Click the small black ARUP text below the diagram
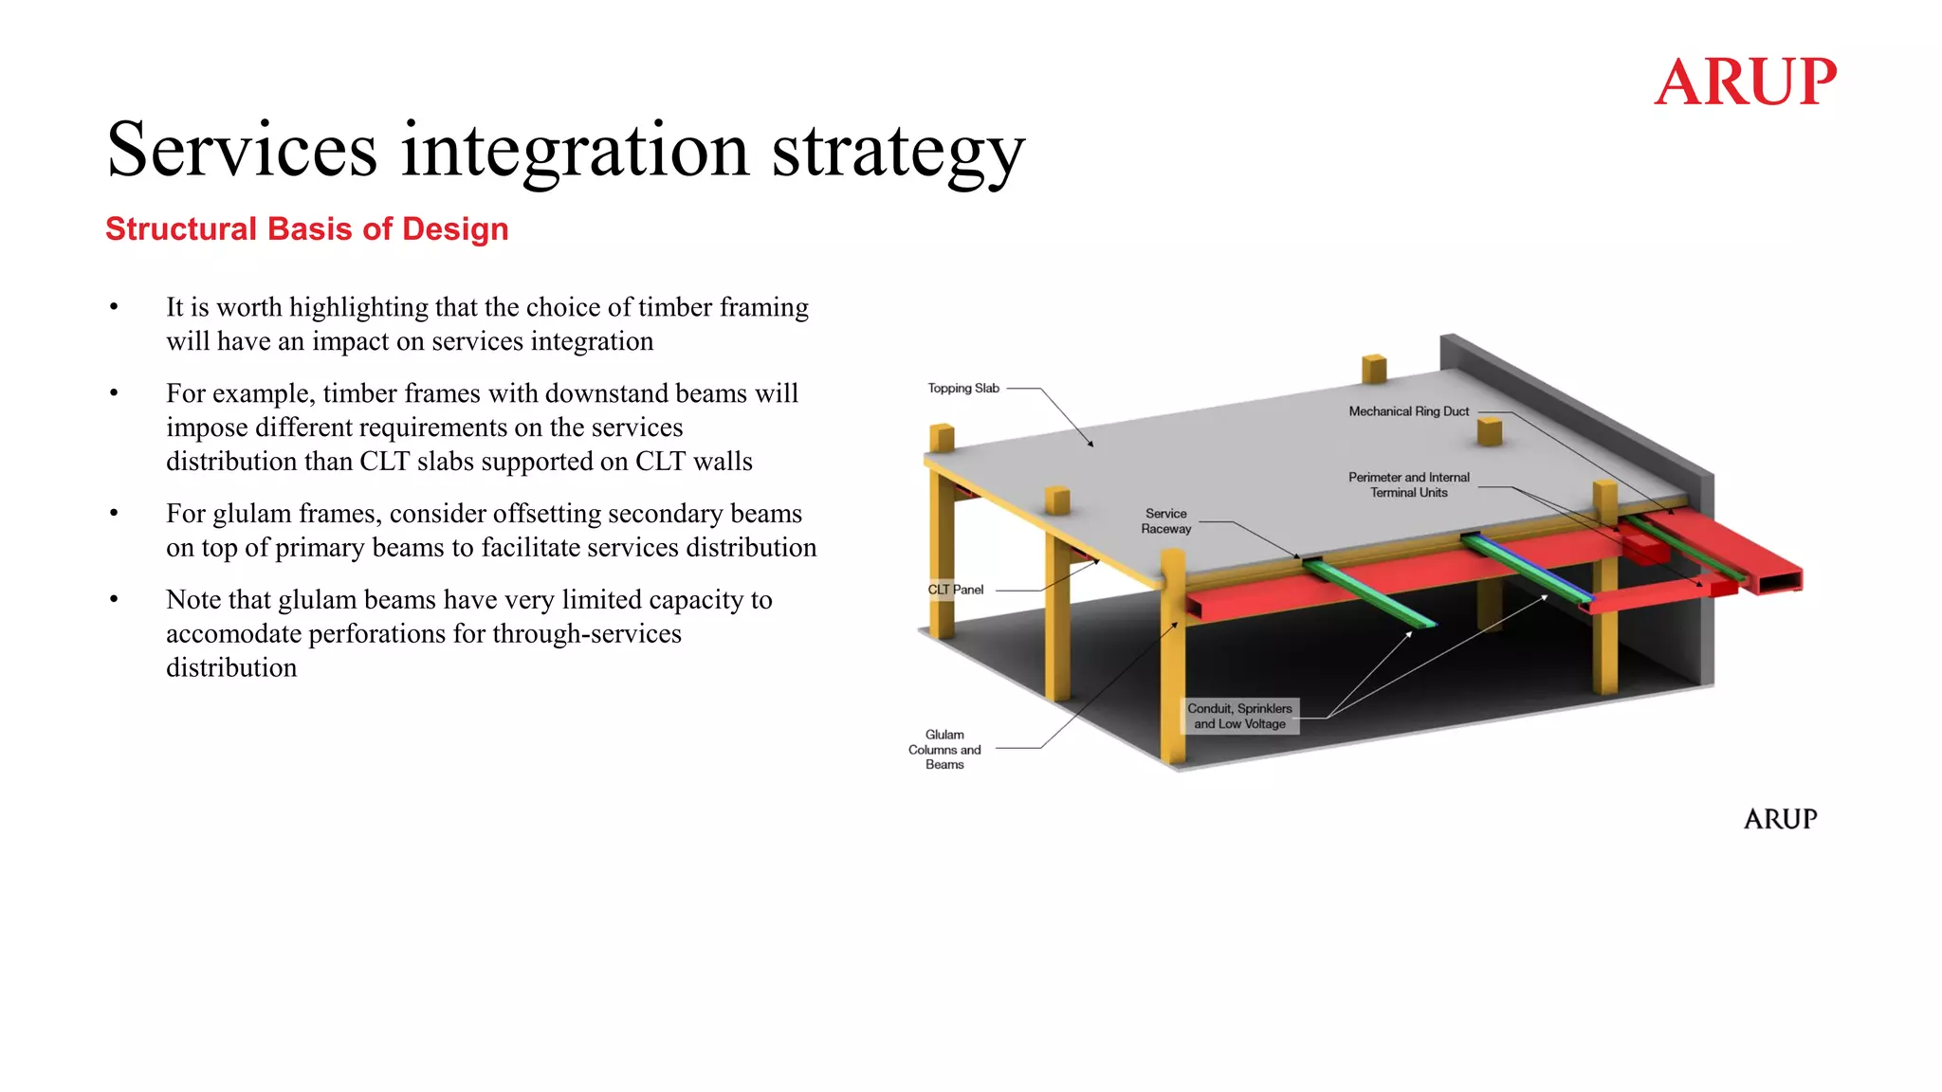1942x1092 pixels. (1780, 819)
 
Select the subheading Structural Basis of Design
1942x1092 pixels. (306, 229)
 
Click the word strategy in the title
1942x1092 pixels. (898, 152)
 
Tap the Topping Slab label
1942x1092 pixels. (962, 389)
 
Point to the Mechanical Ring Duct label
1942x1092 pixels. (1408, 411)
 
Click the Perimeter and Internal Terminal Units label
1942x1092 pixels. (1408, 484)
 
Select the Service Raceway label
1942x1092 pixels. (1165, 521)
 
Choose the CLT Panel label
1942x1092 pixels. (955, 590)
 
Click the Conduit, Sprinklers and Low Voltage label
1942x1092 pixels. (1239, 716)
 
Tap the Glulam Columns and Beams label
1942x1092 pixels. (944, 749)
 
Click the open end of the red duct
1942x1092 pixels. (1780, 581)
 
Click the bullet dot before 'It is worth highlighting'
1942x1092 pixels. (114, 307)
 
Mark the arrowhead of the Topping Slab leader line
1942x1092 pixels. (1091, 444)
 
